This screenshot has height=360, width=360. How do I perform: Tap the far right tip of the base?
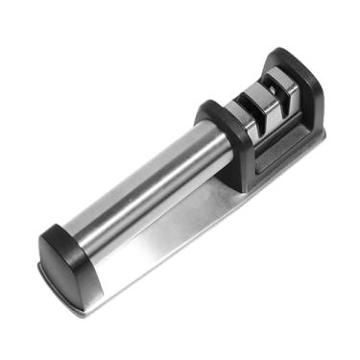point(321,134)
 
